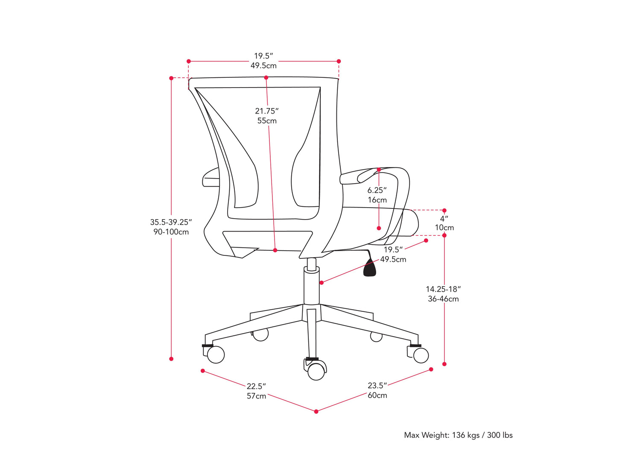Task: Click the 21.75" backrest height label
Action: [x=266, y=111]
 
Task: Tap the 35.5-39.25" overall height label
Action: [x=171, y=222]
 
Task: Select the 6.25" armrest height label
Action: [x=377, y=190]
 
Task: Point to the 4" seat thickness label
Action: [x=444, y=218]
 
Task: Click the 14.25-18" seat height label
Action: [x=443, y=289]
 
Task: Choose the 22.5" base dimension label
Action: [x=256, y=387]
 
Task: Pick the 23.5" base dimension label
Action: [x=377, y=386]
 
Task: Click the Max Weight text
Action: [x=458, y=435]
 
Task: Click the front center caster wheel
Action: [x=316, y=371]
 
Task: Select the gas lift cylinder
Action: [x=311, y=286]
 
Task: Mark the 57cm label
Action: [x=256, y=396]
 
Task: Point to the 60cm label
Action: [x=377, y=396]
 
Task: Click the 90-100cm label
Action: [x=171, y=232]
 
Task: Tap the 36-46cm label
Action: [x=443, y=299]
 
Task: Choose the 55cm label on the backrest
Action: [x=267, y=121]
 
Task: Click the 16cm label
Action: [x=377, y=200]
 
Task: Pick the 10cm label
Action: [x=444, y=228]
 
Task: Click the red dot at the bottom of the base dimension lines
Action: [x=316, y=411]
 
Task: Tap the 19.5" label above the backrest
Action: [x=263, y=56]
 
